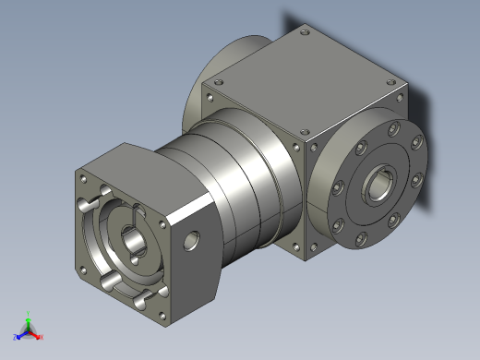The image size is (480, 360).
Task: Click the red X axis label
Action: pos(42,337)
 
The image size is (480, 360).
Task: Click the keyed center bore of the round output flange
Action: pos(378,186)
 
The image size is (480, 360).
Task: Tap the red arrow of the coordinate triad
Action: pos(36,333)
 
